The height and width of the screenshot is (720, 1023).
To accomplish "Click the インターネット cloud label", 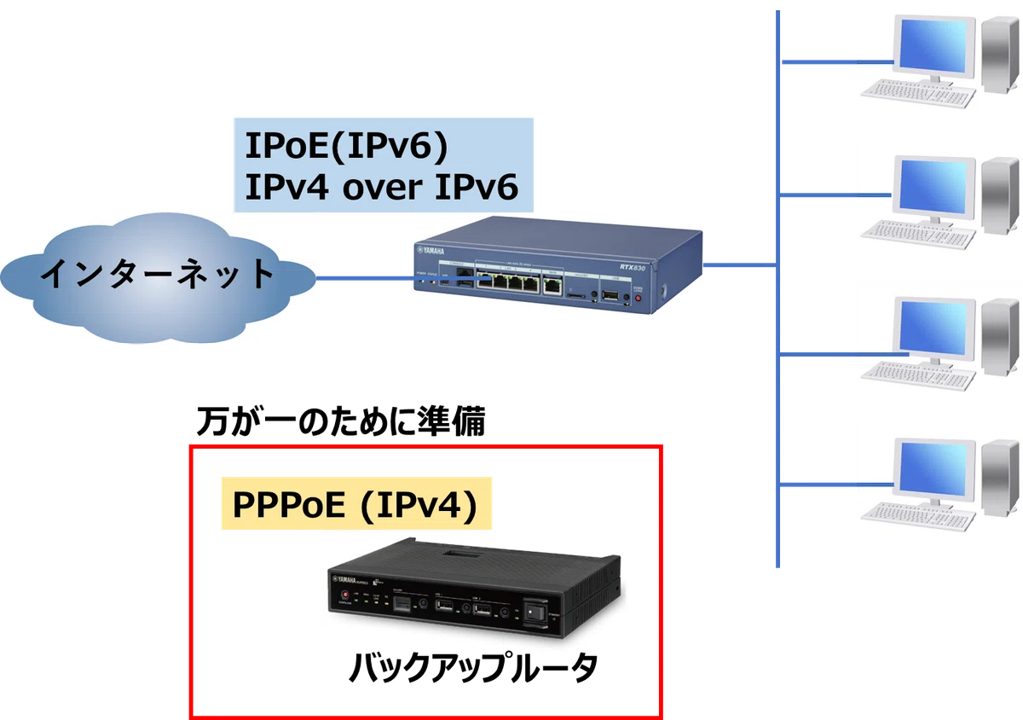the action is (158, 273).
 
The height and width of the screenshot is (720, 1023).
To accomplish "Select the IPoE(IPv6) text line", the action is (347, 146).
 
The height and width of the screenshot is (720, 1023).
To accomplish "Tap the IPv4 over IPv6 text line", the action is (382, 187).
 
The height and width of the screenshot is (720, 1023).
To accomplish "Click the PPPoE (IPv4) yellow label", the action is (356, 503).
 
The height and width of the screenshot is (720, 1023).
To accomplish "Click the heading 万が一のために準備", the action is (341, 421).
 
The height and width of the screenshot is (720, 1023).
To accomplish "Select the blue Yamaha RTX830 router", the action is (558, 264).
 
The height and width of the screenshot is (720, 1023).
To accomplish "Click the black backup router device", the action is (475, 588).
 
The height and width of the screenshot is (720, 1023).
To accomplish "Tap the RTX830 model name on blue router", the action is (632, 267).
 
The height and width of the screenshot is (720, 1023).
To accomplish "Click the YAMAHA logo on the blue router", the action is (431, 251).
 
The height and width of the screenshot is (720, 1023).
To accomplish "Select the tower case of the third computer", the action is (1000, 337).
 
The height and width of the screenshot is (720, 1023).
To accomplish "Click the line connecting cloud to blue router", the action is (402, 278).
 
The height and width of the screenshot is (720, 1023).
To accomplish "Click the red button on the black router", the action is (344, 595).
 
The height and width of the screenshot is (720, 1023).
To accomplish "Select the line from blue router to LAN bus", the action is (740, 264).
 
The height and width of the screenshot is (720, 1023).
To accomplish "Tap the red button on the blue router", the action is (638, 298).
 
